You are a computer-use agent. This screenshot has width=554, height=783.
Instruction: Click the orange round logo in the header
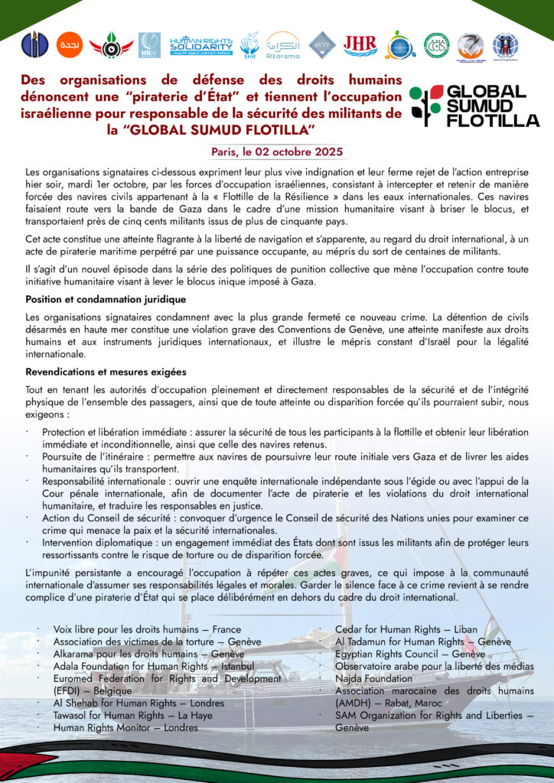tap(70, 44)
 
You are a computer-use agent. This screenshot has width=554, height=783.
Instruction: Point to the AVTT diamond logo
tap(322, 44)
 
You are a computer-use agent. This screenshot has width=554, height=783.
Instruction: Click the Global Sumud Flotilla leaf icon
tap(425, 106)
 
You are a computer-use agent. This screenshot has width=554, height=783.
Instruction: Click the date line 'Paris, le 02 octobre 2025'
tap(277, 152)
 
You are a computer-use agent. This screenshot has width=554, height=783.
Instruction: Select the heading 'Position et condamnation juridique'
tap(106, 299)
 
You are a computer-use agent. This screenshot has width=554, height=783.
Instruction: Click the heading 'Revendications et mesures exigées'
tap(106, 372)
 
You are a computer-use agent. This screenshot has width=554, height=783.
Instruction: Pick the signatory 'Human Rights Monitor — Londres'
tap(125, 727)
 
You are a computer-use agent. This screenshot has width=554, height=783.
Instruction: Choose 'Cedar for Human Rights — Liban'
tap(406, 629)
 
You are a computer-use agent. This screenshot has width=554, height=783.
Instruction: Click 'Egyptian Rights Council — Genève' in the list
tap(410, 654)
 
